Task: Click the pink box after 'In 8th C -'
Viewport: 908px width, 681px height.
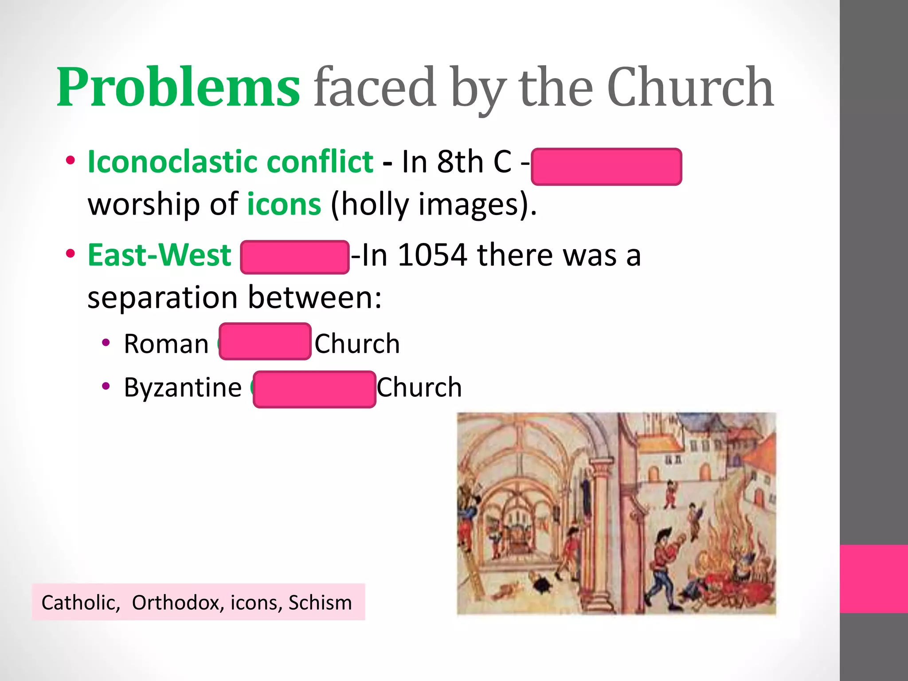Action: [606, 167]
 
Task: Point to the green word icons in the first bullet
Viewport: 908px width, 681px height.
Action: [284, 204]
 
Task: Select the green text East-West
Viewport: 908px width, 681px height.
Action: [160, 255]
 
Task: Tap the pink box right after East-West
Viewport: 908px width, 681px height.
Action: [295, 257]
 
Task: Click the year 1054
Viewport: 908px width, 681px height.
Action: [432, 255]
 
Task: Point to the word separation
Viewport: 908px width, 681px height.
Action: [162, 297]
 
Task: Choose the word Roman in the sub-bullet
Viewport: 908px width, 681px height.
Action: [166, 344]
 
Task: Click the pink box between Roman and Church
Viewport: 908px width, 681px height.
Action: [265, 341]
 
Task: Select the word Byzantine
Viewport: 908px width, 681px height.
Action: [183, 387]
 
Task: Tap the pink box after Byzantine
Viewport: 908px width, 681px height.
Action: [314, 389]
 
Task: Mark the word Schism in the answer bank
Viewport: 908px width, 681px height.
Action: [320, 603]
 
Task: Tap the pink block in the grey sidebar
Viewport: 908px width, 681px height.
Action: [874, 579]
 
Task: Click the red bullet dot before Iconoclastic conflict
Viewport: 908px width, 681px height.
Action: [70, 161]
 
